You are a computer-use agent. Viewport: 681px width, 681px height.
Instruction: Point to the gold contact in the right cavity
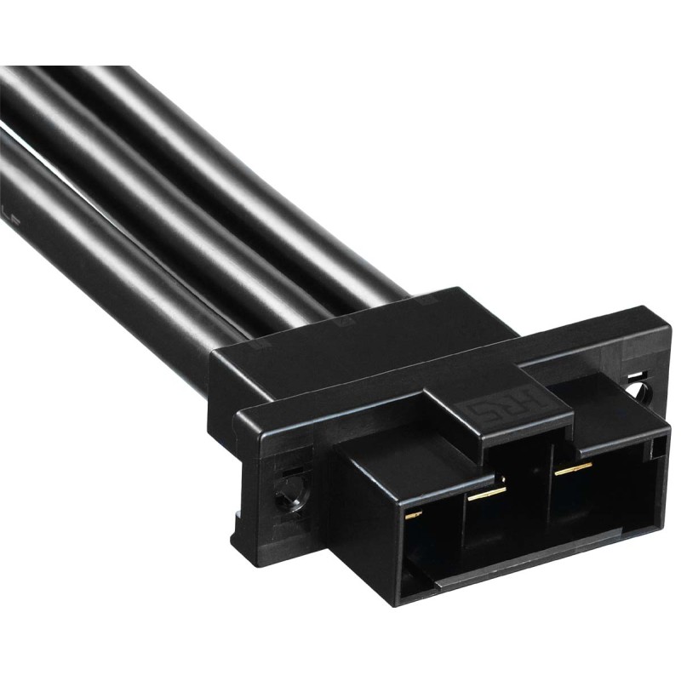tap(571, 467)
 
